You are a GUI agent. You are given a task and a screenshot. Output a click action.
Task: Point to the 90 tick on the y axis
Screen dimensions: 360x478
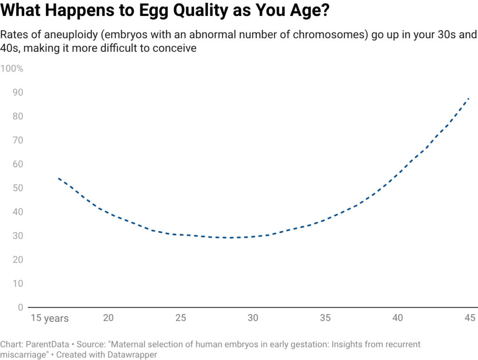tap(18, 93)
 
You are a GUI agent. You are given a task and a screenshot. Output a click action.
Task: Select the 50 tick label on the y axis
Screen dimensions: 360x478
tap(18, 188)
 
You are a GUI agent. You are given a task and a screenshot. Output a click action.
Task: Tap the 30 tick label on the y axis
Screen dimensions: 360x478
tap(18, 236)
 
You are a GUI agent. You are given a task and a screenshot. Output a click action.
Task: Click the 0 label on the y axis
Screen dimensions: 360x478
tap(21, 307)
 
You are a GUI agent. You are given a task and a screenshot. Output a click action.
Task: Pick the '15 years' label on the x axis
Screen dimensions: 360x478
tap(50, 318)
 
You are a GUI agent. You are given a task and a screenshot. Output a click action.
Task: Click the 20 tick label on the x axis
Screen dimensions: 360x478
tap(108, 318)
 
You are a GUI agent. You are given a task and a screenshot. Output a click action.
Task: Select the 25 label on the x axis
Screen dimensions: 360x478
tap(181, 318)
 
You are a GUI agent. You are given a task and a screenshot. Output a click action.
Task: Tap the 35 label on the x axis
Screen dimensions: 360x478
tap(325, 318)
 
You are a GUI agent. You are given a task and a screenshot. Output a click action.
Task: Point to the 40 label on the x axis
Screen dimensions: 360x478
tap(398, 318)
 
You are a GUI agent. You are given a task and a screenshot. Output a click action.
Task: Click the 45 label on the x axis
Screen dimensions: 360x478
tap(470, 318)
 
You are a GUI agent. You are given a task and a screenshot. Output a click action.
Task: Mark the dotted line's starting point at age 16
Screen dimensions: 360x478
tap(58, 178)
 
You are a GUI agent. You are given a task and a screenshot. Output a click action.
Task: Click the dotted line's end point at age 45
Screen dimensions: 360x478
tap(468, 99)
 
